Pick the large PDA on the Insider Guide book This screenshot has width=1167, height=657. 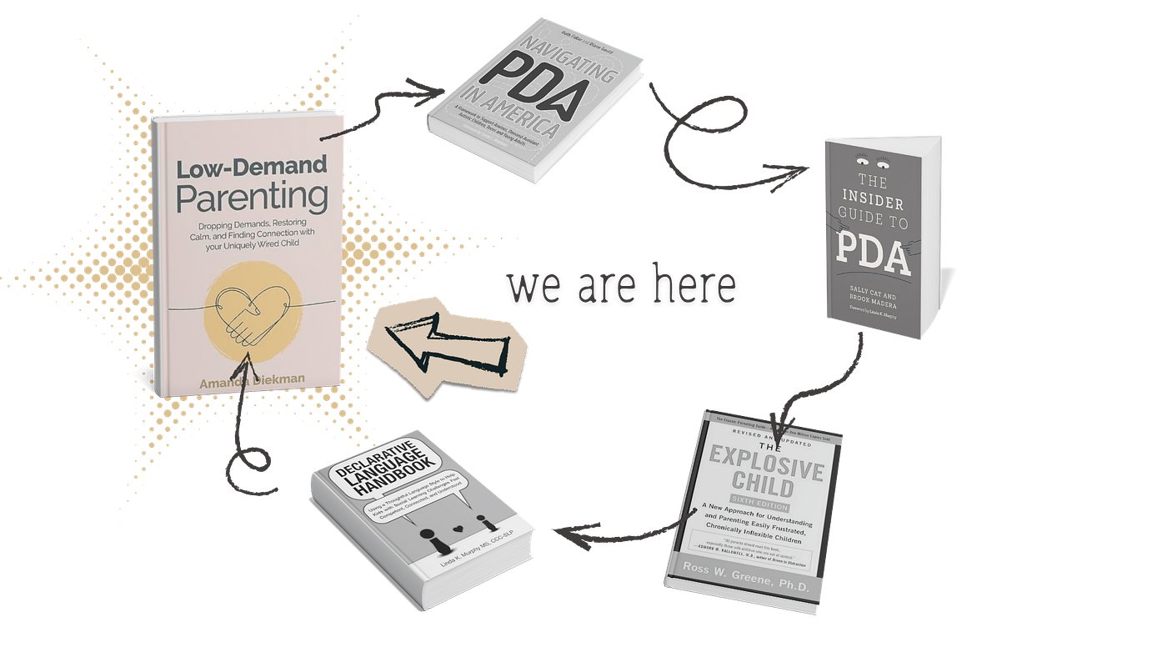(x=874, y=257)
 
